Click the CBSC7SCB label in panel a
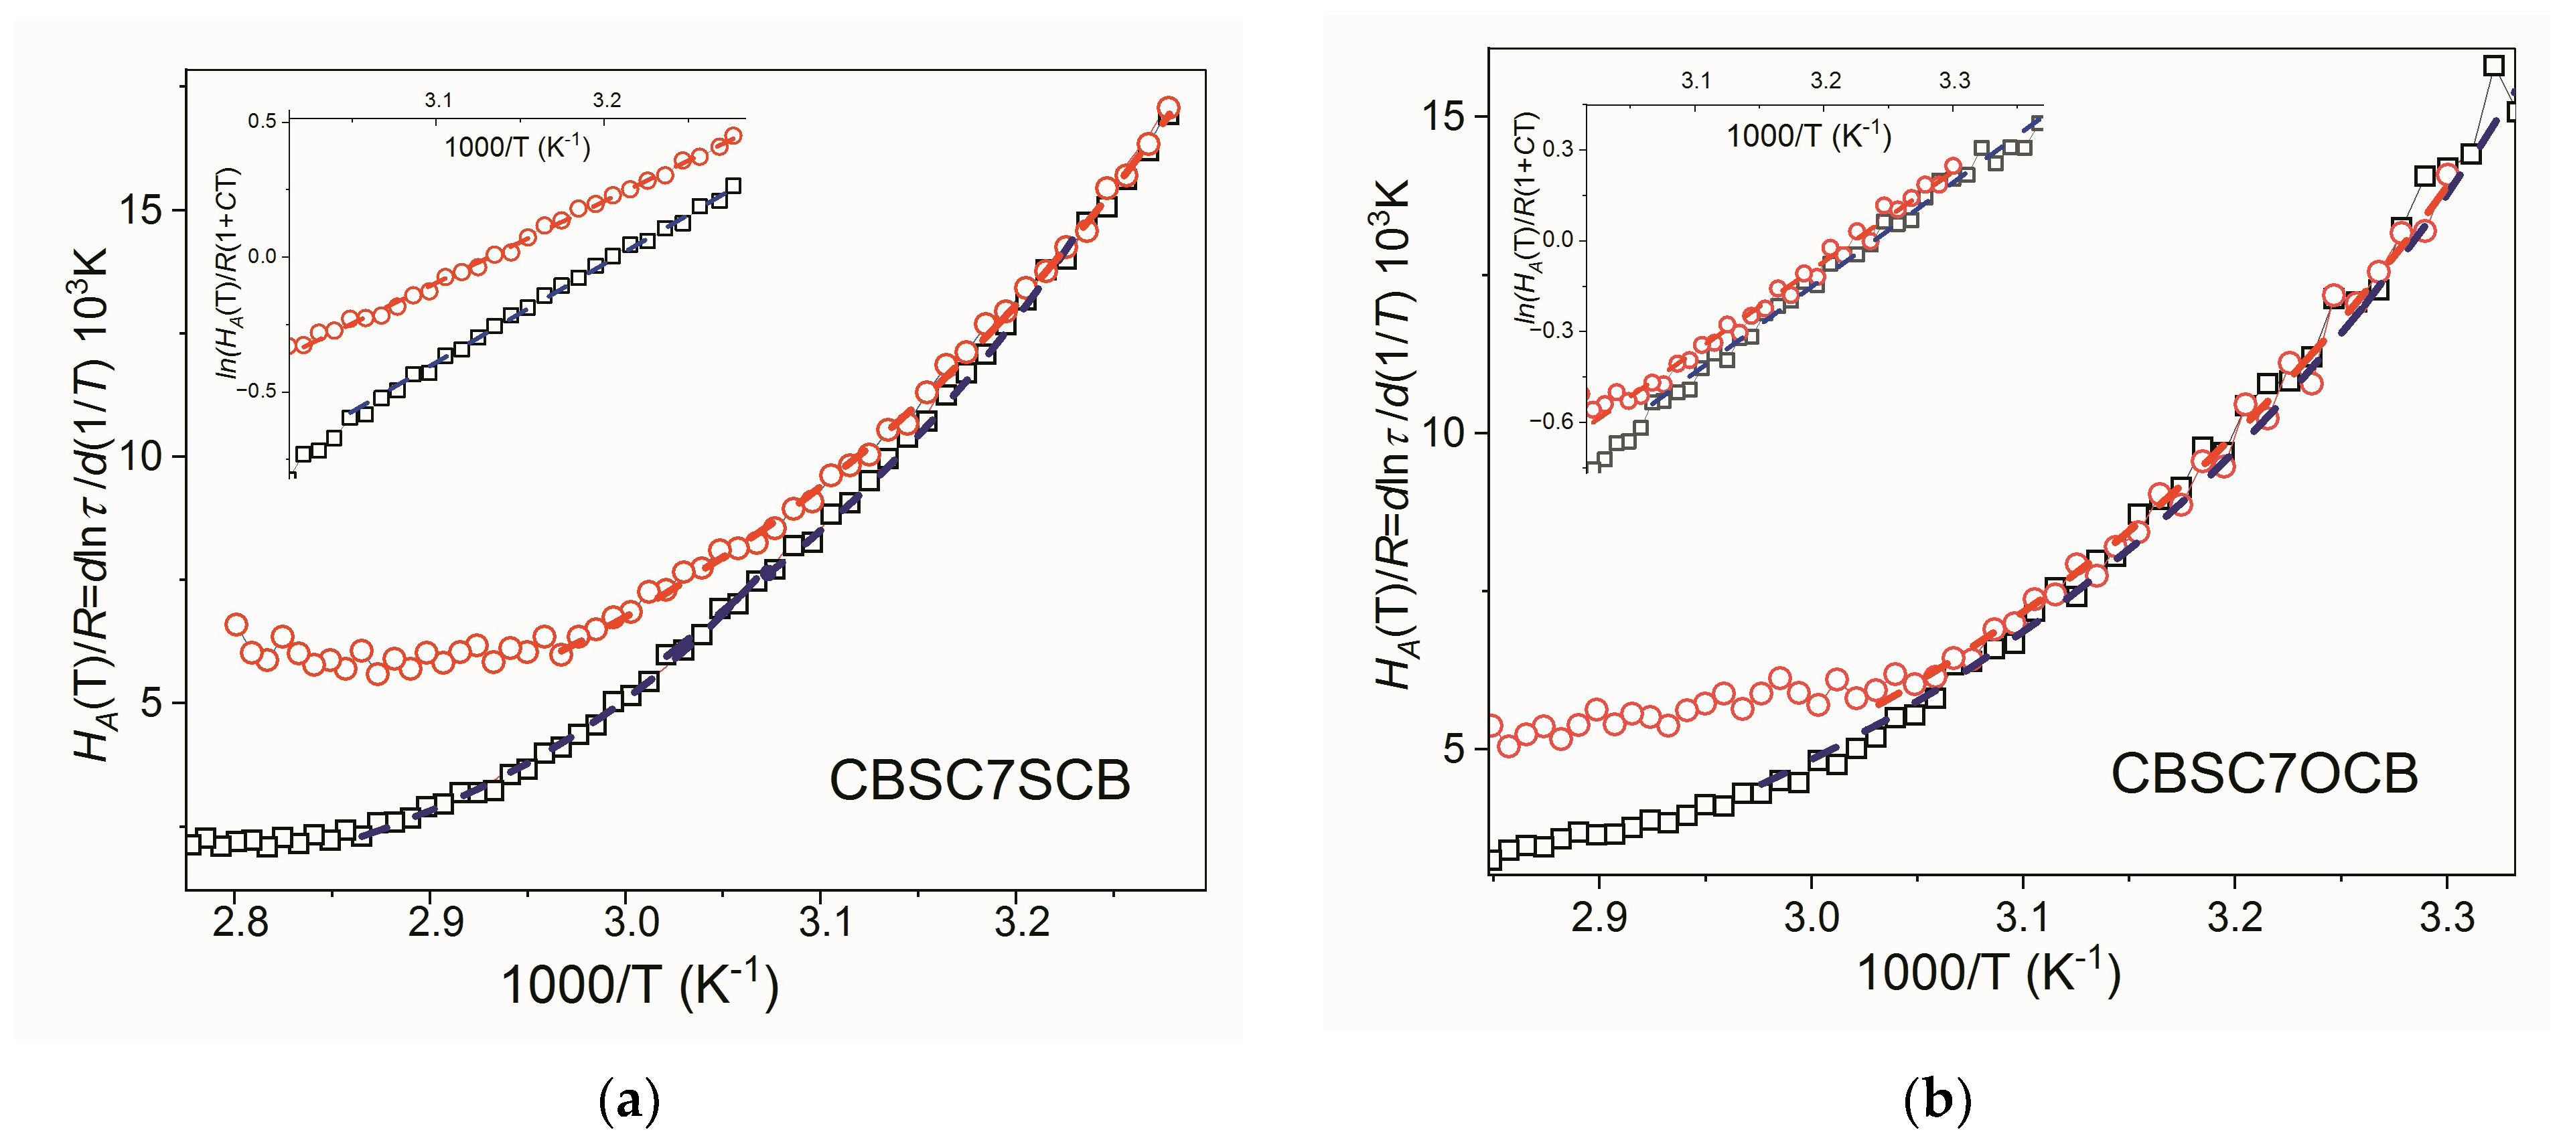tap(979, 780)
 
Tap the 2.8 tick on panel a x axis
tap(240, 922)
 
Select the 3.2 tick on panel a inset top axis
tap(606, 100)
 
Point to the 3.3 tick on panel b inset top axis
tap(1954, 80)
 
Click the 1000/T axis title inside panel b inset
tap(1808, 135)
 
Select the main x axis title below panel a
tap(638, 985)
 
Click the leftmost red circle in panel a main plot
tap(236, 625)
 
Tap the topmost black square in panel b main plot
tap(2493, 66)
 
